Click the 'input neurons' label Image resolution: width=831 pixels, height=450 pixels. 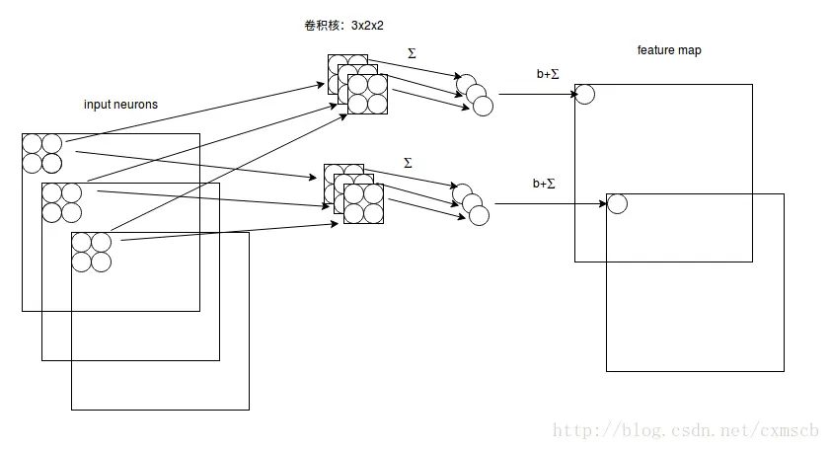(x=120, y=105)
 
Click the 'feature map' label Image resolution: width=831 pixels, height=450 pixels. (x=669, y=50)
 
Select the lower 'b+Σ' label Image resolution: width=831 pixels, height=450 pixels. (x=544, y=183)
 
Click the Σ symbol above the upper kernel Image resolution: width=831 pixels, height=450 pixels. (x=411, y=53)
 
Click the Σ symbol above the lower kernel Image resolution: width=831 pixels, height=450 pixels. (x=409, y=162)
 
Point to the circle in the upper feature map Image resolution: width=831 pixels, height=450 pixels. (x=584, y=94)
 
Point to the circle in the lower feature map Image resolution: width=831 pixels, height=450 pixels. (x=617, y=204)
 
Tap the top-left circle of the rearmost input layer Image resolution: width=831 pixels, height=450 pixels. (x=32, y=143)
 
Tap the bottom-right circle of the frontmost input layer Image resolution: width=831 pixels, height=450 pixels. (x=101, y=262)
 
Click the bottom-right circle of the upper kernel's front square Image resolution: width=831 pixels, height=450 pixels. (x=377, y=105)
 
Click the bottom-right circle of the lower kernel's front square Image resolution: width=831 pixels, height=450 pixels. (x=373, y=213)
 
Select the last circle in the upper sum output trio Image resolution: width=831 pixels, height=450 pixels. (x=480, y=105)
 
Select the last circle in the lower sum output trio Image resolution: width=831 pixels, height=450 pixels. (x=480, y=214)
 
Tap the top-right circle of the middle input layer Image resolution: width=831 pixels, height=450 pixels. (x=71, y=192)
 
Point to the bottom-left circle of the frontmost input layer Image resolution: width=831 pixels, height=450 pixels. (x=81, y=262)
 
